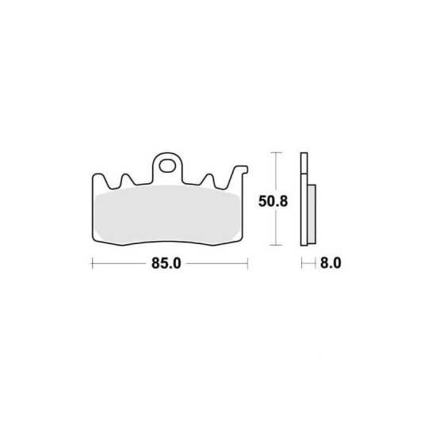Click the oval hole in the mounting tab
[167, 166]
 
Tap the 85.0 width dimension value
[166, 263]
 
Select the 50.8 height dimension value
[273, 201]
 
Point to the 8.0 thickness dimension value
[331, 262]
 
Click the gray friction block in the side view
[312, 214]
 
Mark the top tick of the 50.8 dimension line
[276, 153]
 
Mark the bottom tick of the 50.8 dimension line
[276, 245]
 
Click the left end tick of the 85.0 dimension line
[92, 263]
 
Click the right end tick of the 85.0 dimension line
[247, 263]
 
